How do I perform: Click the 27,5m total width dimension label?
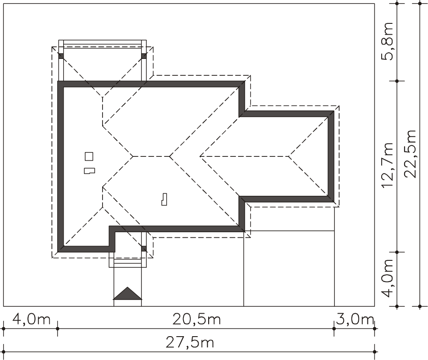(x=190, y=343)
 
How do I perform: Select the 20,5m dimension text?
(x=196, y=319)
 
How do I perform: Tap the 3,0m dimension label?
(x=354, y=319)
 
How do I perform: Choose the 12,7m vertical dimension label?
(x=388, y=165)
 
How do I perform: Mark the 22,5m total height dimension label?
(x=410, y=154)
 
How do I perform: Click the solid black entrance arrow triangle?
(x=128, y=293)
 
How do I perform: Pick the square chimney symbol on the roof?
(x=89, y=156)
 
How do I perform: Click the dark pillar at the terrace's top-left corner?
(x=61, y=56)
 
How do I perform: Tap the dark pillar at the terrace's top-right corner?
(x=144, y=56)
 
